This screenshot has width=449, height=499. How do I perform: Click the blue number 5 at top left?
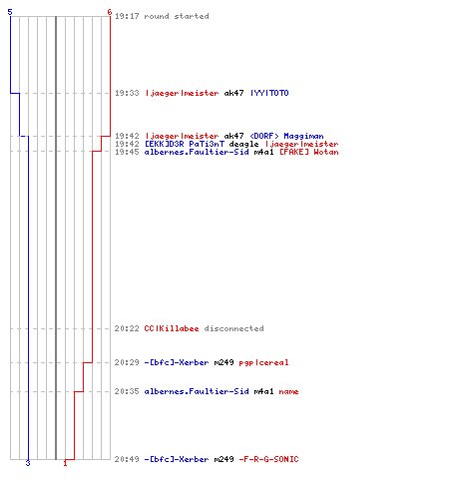(10, 12)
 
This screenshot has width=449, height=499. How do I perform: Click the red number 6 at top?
(110, 12)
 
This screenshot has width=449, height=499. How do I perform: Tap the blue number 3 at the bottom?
(28, 463)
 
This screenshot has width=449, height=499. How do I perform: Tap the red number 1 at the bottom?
(65, 463)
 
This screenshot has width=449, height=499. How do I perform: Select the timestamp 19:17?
(127, 16)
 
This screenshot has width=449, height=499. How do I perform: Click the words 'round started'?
(177, 16)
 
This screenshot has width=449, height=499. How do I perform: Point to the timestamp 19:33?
(127, 93)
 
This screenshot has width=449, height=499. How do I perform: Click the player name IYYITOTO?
(269, 93)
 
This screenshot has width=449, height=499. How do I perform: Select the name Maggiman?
(303, 136)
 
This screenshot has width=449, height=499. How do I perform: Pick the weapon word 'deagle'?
(243, 144)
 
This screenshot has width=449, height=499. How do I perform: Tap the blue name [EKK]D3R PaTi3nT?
(185, 144)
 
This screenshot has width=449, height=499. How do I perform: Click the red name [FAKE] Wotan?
(309, 152)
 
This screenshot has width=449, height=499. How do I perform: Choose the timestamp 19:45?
(127, 152)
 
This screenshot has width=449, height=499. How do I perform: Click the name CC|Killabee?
(172, 328)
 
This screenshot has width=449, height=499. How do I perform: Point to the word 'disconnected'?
(234, 328)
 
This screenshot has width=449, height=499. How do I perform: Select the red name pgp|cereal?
(263, 362)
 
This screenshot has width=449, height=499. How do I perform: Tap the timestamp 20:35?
(127, 391)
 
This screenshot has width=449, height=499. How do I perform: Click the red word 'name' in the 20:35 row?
(288, 392)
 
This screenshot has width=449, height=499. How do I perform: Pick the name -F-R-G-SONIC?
(268, 459)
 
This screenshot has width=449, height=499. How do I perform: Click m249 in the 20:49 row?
(224, 459)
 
